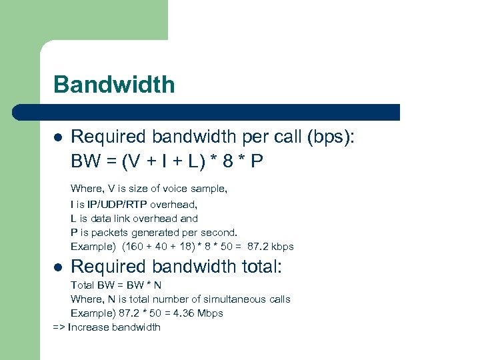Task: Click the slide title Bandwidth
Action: tap(114, 85)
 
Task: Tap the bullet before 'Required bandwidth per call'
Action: tap(58, 137)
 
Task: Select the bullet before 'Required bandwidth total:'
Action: tap(58, 267)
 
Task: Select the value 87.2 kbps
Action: tap(271, 247)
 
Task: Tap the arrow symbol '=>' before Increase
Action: tap(59, 327)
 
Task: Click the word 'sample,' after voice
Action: tap(208, 189)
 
